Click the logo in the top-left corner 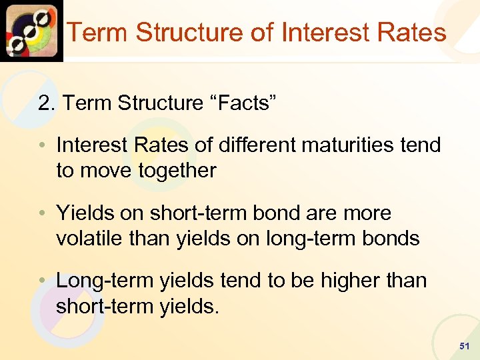coord(31,31)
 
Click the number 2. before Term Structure coord(46,103)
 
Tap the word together coord(177,171)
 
